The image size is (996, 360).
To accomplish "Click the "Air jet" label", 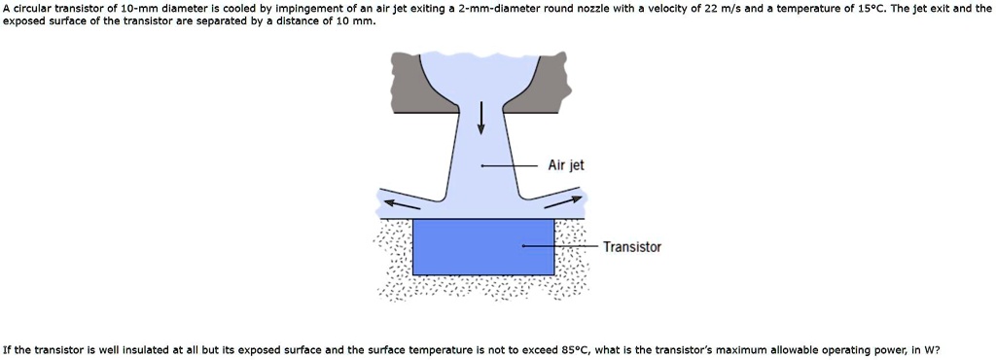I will (565, 165).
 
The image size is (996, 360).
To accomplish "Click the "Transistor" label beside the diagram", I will (631, 247).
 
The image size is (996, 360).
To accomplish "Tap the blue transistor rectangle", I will (483, 246).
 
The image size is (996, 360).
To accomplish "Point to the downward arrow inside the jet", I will (480, 118).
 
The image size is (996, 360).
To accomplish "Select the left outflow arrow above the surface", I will (404, 202).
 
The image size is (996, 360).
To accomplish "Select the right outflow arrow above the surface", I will (562, 201).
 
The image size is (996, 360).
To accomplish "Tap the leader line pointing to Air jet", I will (510, 166).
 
